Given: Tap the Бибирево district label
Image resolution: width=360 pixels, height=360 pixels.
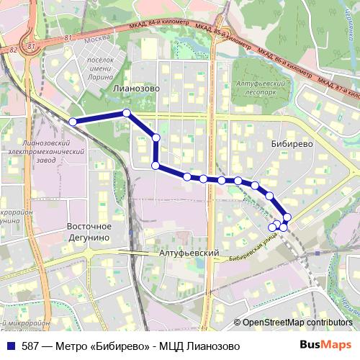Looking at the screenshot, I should point(292,143).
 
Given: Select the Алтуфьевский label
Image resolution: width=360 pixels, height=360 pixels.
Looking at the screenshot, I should point(189,254).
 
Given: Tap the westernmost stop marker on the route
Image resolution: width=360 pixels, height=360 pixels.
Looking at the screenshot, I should point(73,122).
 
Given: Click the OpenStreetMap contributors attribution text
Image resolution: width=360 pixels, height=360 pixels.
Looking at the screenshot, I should point(297,323).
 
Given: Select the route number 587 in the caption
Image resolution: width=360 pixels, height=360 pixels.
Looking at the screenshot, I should point(30,346).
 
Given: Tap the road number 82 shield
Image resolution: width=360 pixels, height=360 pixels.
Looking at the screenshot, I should point(12,50).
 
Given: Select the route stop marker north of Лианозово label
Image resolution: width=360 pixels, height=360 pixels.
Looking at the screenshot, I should point(126,112).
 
